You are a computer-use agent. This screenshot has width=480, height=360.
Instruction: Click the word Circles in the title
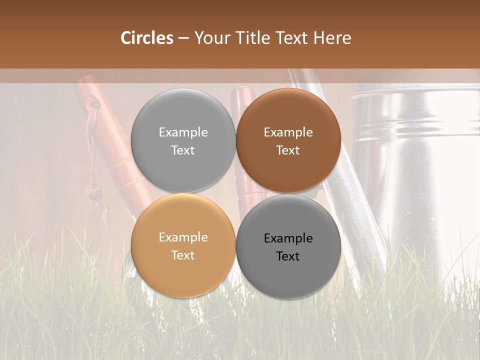(x=147, y=38)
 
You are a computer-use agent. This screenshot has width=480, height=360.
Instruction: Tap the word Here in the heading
(x=332, y=38)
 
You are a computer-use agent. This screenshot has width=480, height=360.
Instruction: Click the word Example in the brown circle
(x=288, y=132)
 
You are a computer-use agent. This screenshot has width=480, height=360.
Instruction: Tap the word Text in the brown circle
(x=288, y=150)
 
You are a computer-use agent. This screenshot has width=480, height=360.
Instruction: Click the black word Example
(x=288, y=238)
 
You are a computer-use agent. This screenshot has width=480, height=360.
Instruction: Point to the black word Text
(x=288, y=256)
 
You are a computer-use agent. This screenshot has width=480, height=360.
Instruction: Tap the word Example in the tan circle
(x=183, y=237)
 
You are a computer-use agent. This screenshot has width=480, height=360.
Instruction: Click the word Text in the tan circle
(x=183, y=255)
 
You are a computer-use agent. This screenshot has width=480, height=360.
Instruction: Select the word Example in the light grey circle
(x=183, y=132)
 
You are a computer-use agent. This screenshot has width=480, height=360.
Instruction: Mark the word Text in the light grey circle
(x=183, y=150)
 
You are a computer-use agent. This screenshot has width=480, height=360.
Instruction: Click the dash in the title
(x=183, y=38)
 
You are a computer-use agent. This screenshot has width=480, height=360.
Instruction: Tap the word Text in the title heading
(x=292, y=38)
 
